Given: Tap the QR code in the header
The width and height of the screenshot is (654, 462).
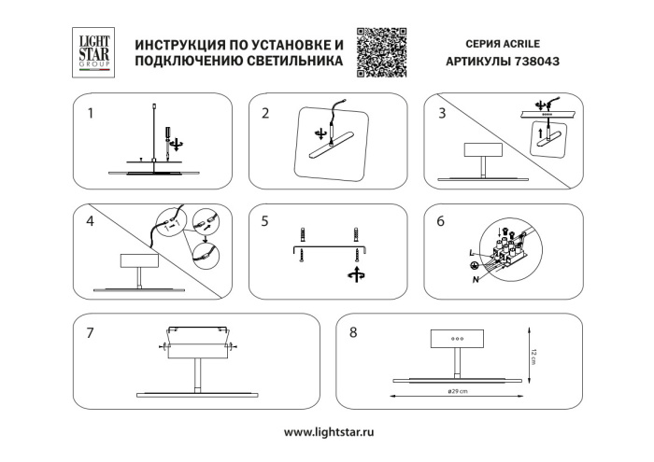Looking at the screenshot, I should (384, 52).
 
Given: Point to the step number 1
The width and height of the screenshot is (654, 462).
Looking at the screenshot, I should (91, 115).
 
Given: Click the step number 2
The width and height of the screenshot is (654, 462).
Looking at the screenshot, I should (266, 115).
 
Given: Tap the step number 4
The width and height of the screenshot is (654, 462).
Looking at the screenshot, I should (91, 221).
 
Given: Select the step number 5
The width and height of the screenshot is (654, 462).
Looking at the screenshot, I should (266, 221).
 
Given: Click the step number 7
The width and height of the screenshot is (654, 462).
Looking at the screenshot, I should (91, 331).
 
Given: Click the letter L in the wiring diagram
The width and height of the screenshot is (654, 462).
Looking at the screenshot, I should (470, 253).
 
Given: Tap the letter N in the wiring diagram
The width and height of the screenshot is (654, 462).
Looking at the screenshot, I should (475, 279).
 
